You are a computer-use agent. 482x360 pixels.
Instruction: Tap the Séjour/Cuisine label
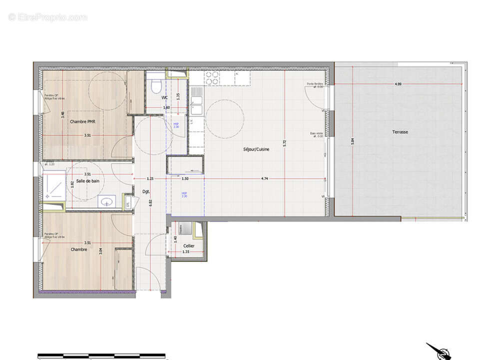[x=256, y=149]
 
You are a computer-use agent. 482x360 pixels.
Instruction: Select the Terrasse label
[x=400, y=132]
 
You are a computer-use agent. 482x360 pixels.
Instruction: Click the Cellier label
[x=188, y=245]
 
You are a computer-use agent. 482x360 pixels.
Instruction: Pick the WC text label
[x=165, y=98]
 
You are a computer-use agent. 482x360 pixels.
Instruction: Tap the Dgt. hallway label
[x=146, y=191]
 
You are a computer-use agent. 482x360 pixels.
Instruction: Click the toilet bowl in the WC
[x=155, y=85]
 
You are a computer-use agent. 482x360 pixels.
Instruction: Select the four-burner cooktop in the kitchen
[x=212, y=78]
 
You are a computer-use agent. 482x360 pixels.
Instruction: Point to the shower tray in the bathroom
[x=54, y=186]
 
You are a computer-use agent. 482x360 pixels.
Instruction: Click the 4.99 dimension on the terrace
[x=398, y=84]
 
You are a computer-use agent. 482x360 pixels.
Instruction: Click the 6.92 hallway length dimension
[x=151, y=202]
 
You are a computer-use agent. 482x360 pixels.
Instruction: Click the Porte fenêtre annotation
[x=315, y=85]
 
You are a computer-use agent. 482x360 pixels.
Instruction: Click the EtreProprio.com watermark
[x=47, y=17]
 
